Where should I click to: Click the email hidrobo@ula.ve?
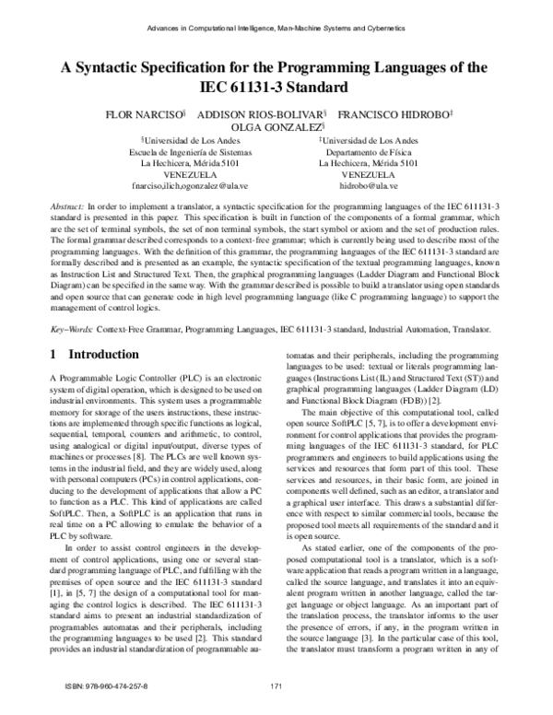tap(367, 184)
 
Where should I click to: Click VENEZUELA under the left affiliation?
tap(190, 173)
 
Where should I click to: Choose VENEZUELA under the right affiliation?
tap(367, 173)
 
